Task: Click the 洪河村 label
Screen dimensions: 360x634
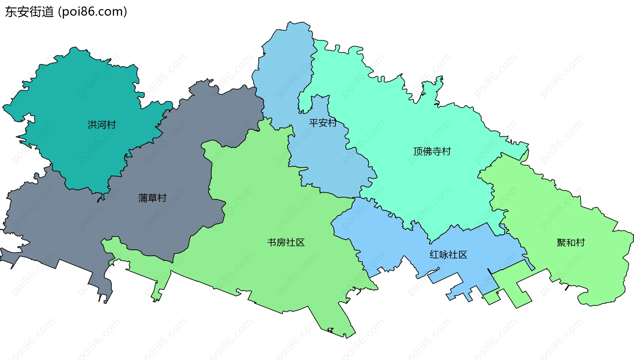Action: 102,125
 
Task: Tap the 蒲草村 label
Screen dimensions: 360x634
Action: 152,198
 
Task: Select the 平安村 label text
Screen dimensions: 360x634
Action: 323,123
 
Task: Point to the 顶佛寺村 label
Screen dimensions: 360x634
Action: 432,152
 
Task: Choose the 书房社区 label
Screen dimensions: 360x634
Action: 286,243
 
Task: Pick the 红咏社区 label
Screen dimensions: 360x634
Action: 448,255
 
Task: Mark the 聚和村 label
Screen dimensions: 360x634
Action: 571,243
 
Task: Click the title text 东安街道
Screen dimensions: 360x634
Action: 29,12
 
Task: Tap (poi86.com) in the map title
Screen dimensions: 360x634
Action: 92,12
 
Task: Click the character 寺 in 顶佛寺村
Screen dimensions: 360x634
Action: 437,152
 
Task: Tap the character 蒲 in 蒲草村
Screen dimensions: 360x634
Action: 143,198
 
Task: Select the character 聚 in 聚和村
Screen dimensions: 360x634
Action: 561,243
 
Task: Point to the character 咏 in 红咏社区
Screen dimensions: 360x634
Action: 443,255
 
